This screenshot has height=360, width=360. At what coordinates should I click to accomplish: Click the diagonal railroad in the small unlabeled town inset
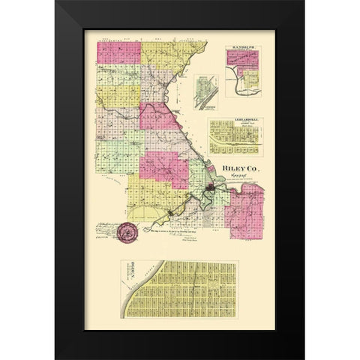pyautogui.click(x=203, y=93)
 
